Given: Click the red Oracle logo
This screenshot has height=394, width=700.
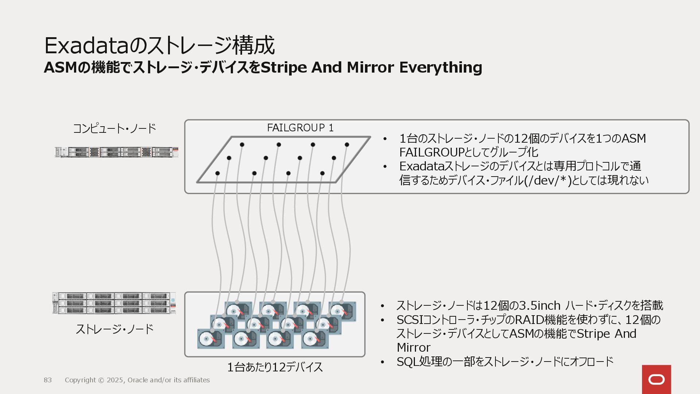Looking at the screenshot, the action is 656,379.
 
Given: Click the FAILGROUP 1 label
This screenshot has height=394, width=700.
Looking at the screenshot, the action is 300,128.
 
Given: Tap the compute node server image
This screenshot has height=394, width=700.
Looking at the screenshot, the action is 117,152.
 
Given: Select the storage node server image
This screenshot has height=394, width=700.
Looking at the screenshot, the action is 114,303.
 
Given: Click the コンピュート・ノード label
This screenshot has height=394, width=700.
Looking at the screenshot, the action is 114,128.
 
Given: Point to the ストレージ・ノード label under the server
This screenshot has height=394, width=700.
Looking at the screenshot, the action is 114,329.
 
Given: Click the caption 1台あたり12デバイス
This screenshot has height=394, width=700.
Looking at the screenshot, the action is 275,367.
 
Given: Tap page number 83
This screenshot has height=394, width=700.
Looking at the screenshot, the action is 48,380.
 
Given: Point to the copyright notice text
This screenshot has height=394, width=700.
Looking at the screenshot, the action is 137,380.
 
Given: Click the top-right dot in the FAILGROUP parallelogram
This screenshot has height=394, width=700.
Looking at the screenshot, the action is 347,144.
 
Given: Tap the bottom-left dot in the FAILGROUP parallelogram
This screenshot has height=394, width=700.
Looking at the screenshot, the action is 217,173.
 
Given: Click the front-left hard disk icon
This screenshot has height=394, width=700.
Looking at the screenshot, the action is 209,339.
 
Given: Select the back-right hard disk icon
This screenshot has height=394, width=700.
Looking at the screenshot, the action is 342,311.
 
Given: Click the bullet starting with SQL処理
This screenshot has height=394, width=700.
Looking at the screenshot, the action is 505,362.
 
